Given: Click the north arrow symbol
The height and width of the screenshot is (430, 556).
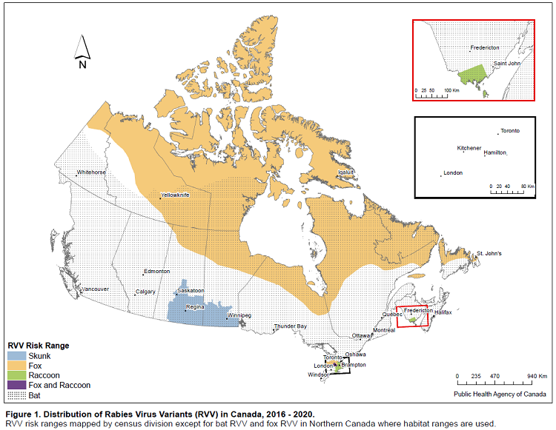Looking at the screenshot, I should pyautogui.click(x=82, y=51).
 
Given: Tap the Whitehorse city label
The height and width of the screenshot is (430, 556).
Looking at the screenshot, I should pyautogui.click(x=91, y=173).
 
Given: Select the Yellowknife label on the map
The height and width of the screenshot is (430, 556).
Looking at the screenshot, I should pyautogui.click(x=175, y=195).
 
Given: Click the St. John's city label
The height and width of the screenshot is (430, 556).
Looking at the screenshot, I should pyautogui.click(x=489, y=253).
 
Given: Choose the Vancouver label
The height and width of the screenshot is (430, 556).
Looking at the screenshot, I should pyautogui.click(x=96, y=288).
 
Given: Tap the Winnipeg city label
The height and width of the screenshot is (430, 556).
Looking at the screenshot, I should pyautogui.click(x=239, y=315).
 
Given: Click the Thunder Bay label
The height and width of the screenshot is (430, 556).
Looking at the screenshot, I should pyautogui.click(x=290, y=326).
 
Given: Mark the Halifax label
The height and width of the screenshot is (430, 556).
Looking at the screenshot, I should pyautogui.click(x=443, y=312).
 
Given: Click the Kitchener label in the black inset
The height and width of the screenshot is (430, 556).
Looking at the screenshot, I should pyautogui.click(x=469, y=148).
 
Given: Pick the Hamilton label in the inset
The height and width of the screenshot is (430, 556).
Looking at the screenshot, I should pyautogui.click(x=495, y=152).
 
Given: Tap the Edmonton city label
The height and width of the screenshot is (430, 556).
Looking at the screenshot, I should pyautogui.click(x=157, y=271).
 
